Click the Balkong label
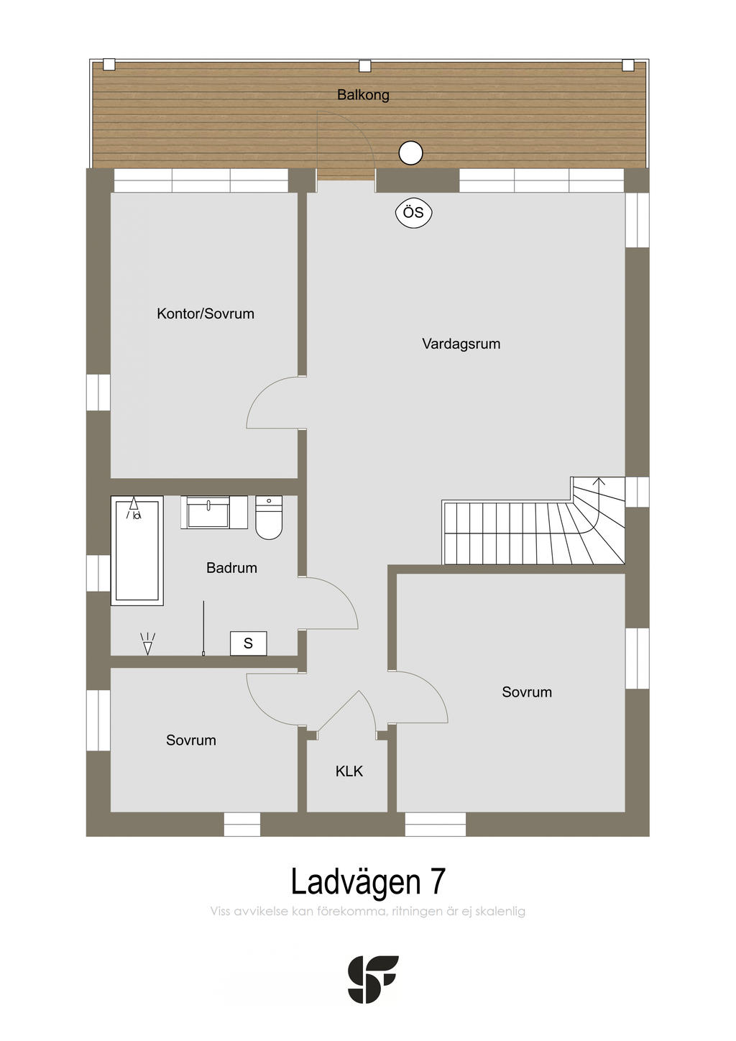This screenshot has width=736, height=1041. point(363,95)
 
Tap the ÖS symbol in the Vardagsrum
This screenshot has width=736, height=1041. point(413,213)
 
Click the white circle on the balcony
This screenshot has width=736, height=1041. point(410,152)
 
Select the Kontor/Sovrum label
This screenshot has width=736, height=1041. point(206,313)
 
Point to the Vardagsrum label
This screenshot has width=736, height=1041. point(461,344)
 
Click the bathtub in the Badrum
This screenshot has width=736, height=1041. point(137,550)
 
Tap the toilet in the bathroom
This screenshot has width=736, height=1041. point(269,518)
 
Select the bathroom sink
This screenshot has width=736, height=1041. point(208,513)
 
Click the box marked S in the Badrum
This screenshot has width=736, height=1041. point(248,643)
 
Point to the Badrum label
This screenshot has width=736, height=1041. point(231,568)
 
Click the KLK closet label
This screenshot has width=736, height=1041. point(349,771)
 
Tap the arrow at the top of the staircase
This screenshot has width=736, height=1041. point(599,482)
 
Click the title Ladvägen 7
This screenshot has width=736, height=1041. point(368,881)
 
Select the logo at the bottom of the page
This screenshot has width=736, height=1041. point(372,979)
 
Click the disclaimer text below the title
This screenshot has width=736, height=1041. point(368,912)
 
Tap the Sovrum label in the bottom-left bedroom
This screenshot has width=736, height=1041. point(190,740)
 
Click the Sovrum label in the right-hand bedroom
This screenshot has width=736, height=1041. point(527,692)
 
